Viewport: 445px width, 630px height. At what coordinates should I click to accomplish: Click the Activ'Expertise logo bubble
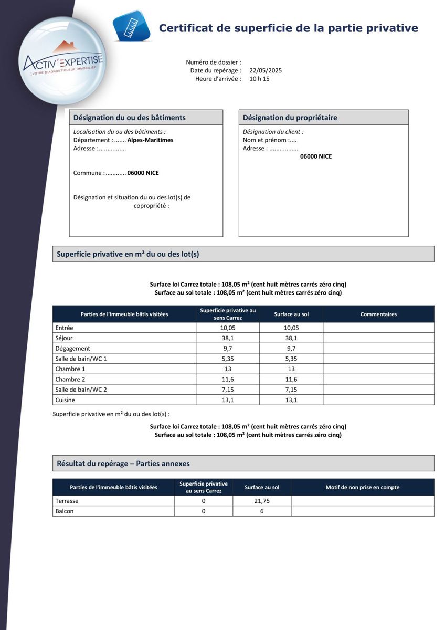[62, 61]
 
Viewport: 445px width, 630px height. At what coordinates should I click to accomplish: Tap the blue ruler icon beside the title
[131, 26]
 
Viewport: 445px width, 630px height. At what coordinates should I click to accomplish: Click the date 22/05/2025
[266, 70]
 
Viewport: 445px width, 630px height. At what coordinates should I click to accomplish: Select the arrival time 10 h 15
[259, 79]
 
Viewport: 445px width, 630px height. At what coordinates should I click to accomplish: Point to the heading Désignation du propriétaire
[290, 118]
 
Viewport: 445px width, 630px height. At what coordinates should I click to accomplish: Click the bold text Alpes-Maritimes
[150, 140]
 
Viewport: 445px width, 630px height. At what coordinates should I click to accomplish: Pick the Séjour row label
[64, 338]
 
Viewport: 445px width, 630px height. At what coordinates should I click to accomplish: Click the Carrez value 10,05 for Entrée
[228, 328]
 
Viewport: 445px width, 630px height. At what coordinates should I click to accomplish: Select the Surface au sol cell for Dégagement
[291, 348]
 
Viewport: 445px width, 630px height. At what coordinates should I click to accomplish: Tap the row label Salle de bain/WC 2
[81, 390]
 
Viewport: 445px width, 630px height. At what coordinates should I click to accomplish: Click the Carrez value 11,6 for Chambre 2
[228, 379]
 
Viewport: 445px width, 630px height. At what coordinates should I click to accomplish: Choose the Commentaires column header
[378, 314]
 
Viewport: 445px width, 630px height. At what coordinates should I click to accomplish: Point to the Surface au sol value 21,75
[262, 501]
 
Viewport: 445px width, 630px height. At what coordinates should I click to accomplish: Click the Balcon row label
[65, 511]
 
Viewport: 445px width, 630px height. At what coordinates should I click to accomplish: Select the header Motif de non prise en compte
[362, 487]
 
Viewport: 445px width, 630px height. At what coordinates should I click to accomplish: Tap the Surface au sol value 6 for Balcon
[262, 511]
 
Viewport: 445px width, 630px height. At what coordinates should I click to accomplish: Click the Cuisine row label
[66, 400]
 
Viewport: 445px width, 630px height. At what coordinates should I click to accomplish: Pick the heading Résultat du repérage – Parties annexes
[123, 464]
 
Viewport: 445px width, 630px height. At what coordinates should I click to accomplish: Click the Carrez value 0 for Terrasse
[204, 501]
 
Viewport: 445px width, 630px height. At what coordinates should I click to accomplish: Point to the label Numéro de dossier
[214, 62]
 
